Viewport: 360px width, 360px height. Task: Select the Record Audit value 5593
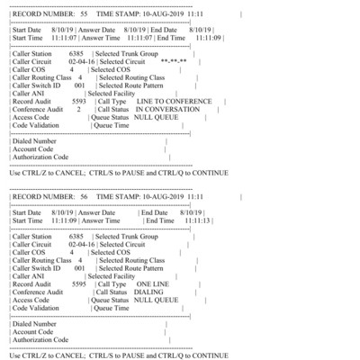[x=77, y=100]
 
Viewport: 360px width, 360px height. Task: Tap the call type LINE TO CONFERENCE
[x=169, y=100]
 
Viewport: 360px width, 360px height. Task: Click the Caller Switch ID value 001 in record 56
[x=79, y=267]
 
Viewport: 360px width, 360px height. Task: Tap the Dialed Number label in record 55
[x=38, y=142]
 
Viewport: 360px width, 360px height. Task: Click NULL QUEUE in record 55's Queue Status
[x=169, y=116]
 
